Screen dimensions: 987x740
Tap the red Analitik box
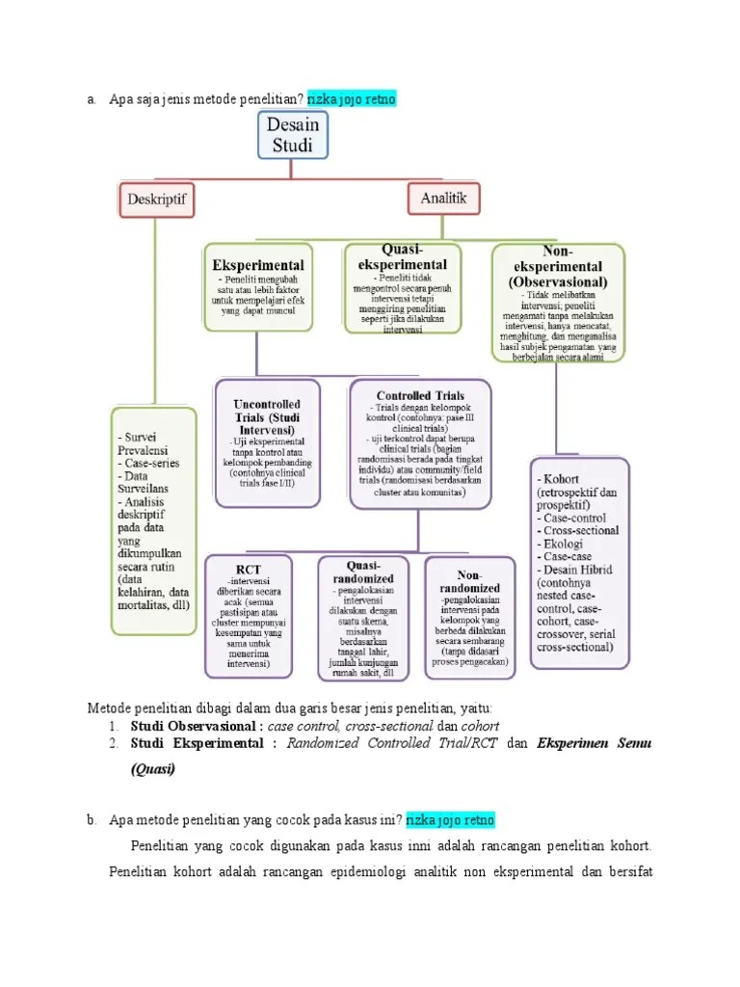pos(442,199)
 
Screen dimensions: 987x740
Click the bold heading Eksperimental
pos(257,264)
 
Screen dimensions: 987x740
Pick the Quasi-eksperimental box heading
pos(402,256)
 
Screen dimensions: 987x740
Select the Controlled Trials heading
pos(420,395)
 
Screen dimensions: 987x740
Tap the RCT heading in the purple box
pos(249,569)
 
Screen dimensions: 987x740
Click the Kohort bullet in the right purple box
pos(562,478)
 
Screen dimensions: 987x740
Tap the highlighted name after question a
pos(352,99)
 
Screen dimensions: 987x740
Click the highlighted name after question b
pos(450,820)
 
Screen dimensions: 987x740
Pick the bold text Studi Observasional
pos(196,725)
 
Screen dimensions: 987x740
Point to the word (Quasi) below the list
pos(154,770)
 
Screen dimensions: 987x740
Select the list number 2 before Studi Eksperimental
pos(113,744)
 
